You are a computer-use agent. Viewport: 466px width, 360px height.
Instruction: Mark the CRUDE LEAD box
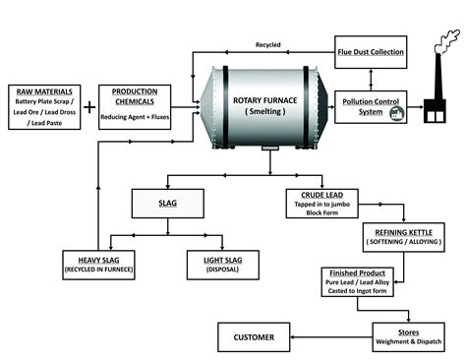[320, 202]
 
